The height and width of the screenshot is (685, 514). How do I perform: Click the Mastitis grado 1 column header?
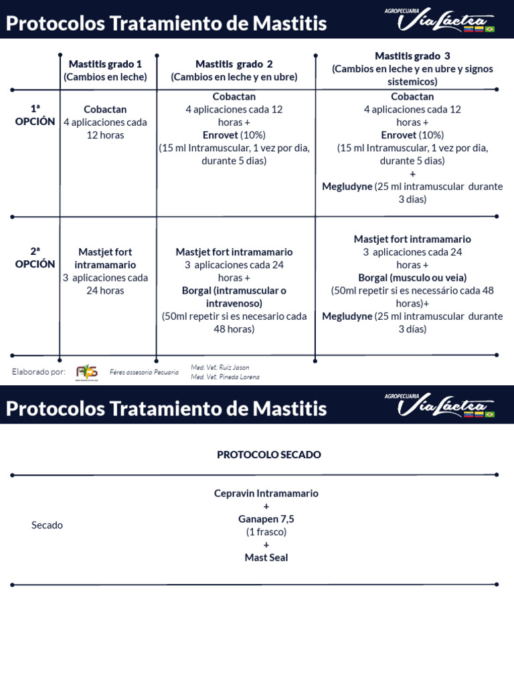105,70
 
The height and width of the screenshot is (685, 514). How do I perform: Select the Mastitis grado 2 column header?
234,70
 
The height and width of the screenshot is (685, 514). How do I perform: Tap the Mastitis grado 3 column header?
412,69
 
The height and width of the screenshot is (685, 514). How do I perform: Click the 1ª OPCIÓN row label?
35,115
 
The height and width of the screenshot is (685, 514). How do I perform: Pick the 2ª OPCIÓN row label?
35,258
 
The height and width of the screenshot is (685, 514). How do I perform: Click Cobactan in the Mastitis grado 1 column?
105,109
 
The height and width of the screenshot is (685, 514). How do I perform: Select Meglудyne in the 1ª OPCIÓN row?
347,187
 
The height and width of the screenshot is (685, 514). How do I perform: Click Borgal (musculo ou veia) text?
412,278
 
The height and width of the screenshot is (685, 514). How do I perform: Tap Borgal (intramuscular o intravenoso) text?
234,297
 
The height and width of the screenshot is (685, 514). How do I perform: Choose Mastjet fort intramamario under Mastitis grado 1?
105,258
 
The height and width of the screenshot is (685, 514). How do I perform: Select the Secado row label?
47,525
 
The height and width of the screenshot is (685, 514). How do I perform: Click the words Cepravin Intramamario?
266,494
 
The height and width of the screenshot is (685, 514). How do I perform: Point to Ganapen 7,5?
266,519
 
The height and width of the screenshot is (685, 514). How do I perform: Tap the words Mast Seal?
266,557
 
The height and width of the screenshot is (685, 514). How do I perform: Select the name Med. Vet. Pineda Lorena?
225,377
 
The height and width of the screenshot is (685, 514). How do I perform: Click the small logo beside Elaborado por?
86,372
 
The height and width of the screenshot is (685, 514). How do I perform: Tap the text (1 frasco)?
266,532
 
